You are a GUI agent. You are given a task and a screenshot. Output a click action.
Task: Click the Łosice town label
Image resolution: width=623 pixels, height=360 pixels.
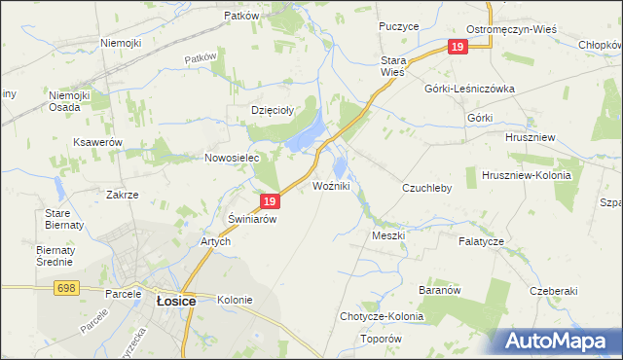click(x=176, y=302)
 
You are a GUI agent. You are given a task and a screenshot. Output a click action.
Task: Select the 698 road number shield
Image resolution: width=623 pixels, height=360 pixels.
click(x=66, y=289)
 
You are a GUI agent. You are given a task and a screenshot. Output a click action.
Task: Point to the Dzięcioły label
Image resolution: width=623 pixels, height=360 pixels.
click(x=273, y=110)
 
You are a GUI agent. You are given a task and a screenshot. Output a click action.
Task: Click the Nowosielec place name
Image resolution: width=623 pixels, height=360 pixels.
click(x=229, y=158)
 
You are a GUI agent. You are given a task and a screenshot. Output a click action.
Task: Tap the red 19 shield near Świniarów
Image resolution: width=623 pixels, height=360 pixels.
click(x=271, y=201)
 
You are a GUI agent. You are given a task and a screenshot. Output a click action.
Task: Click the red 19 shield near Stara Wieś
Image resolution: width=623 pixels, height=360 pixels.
click(x=458, y=47)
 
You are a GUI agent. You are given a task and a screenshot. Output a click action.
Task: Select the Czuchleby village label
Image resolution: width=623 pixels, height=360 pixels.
click(x=426, y=188)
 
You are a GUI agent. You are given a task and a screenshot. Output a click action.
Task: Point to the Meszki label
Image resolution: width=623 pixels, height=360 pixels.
click(x=387, y=235)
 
